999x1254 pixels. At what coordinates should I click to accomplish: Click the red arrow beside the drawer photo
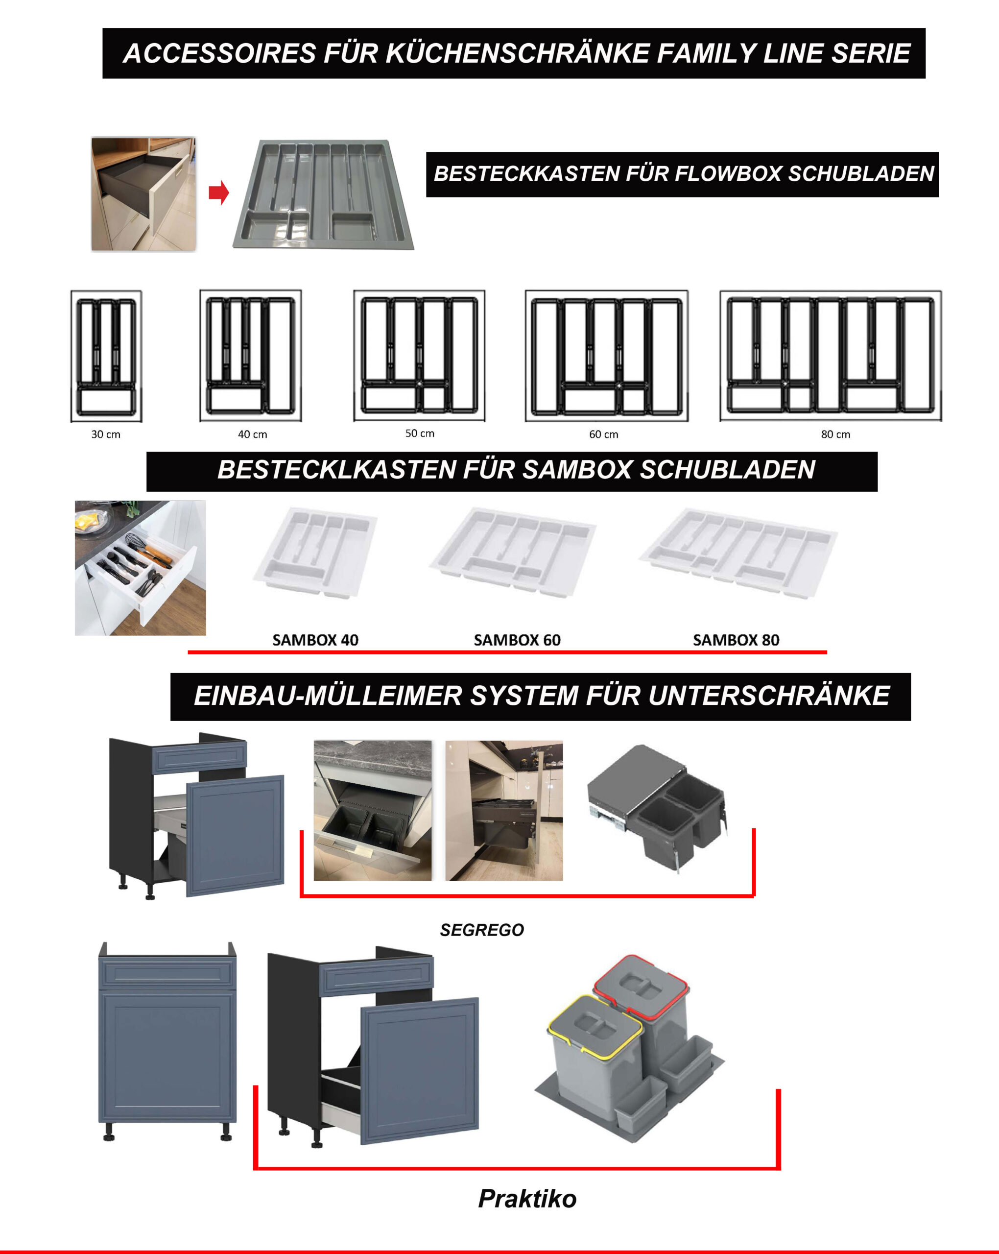pyautogui.click(x=218, y=193)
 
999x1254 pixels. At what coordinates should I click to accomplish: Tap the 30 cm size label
pyautogui.click(x=106, y=434)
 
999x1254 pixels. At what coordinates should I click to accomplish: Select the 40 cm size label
pyautogui.click(x=252, y=434)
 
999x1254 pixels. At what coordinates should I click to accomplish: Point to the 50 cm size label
pyautogui.click(x=420, y=434)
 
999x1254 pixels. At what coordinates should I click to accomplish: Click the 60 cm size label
pyautogui.click(x=604, y=434)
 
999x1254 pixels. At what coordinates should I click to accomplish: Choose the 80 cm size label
pyautogui.click(x=835, y=434)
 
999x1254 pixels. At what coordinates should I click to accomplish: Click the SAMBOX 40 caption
pyautogui.click(x=315, y=640)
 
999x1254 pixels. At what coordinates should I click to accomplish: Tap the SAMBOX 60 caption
pyautogui.click(x=517, y=640)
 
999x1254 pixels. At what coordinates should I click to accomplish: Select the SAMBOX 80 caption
pyautogui.click(x=736, y=640)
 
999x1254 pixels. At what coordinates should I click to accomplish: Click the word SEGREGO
pyautogui.click(x=482, y=930)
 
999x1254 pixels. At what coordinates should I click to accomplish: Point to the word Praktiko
pyautogui.click(x=527, y=1199)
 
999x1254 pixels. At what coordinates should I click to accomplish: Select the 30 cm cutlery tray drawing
pyautogui.click(x=106, y=356)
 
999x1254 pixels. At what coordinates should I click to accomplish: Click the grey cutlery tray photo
pyautogui.click(x=323, y=194)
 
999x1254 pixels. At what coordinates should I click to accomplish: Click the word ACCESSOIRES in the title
pyautogui.click(x=220, y=53)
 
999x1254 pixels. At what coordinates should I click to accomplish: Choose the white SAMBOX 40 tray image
pyautogui.click(x=316, y=552)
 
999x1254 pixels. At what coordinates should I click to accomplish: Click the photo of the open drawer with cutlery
pyautogui.click(x=140, y=568)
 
